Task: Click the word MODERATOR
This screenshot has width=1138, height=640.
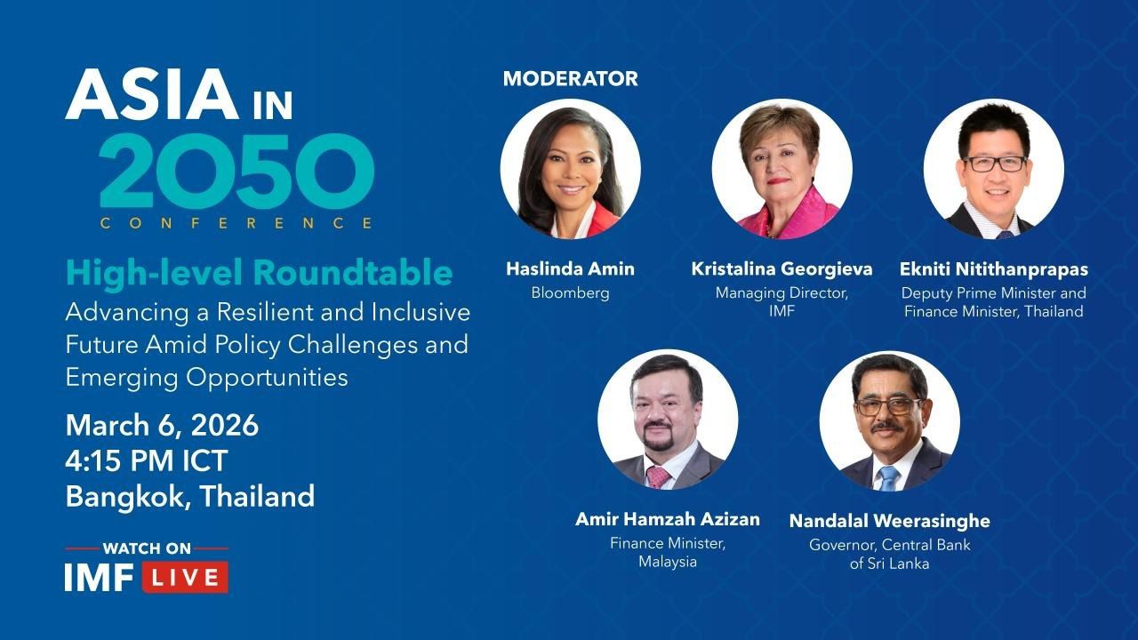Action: click(x=570, y=79)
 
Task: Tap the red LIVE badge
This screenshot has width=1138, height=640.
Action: click(x=186, y=578)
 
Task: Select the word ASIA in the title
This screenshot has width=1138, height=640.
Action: click(x=152, y=94)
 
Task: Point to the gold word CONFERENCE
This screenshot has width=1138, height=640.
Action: click(x=236, y=223)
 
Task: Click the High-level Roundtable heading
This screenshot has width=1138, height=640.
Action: click(x=259, y=273)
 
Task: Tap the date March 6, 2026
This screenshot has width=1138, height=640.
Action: click(x=162, y=426)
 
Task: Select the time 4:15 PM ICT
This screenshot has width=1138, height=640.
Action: click(x=147, y=460)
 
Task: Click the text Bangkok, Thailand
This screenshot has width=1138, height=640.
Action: click(x=190, y=496)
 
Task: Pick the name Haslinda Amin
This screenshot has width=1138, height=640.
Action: click(x=570, y=268)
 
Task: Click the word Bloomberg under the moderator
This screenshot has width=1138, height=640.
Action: click(x=570, y=293)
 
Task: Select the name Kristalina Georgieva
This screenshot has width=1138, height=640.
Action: click(x=781, y=268)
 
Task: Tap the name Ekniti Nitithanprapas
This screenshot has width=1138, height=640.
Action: click(x=994, y=269)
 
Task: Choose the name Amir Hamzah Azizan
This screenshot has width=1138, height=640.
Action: click(x=668, y=519)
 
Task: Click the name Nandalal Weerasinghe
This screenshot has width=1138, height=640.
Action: click(x=890, y=521)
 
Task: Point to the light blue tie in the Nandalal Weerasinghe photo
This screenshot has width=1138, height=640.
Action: click(x=888, y=478)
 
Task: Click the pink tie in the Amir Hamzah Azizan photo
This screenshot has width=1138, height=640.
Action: click(x=658, y=477)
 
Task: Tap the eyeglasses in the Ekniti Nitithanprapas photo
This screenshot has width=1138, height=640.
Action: click(x=994, y=164)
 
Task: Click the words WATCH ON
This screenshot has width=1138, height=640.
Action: click(x=147, y=548)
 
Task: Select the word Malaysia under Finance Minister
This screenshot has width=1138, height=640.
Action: click(x=668, y=562)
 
